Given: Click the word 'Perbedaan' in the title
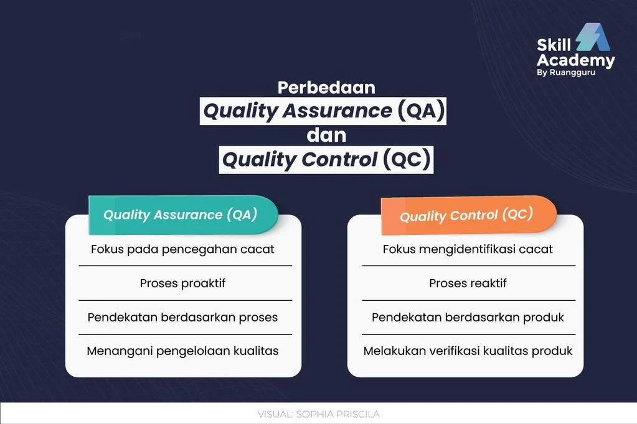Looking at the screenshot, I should pos(326,87).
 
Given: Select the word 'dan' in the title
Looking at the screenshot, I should pos(326,135).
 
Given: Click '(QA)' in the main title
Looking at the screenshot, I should pos(420,111).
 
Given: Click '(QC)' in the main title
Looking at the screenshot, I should pos(406,160).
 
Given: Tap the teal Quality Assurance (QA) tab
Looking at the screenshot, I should pos(182,214).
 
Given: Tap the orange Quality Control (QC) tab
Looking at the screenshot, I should pos(467,215).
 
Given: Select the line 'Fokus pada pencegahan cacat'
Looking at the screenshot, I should pos(182,249).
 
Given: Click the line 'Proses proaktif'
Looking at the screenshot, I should pos(182,283).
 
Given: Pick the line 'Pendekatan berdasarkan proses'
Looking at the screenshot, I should pos(182,317).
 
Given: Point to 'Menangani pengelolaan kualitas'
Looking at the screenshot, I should pos(182,351).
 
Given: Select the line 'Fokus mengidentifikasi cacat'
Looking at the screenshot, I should pos(468,249).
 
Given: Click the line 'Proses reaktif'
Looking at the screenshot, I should pos(468,283).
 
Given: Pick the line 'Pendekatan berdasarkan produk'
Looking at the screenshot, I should pos(468,317).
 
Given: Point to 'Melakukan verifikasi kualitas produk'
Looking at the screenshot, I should pos(468,351).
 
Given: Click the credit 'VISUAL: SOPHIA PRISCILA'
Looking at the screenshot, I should pos(318,414).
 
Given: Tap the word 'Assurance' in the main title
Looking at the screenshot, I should pos(337,111).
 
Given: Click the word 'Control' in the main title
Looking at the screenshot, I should pos(339,160).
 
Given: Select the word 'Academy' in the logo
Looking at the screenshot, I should pos(575,60).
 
